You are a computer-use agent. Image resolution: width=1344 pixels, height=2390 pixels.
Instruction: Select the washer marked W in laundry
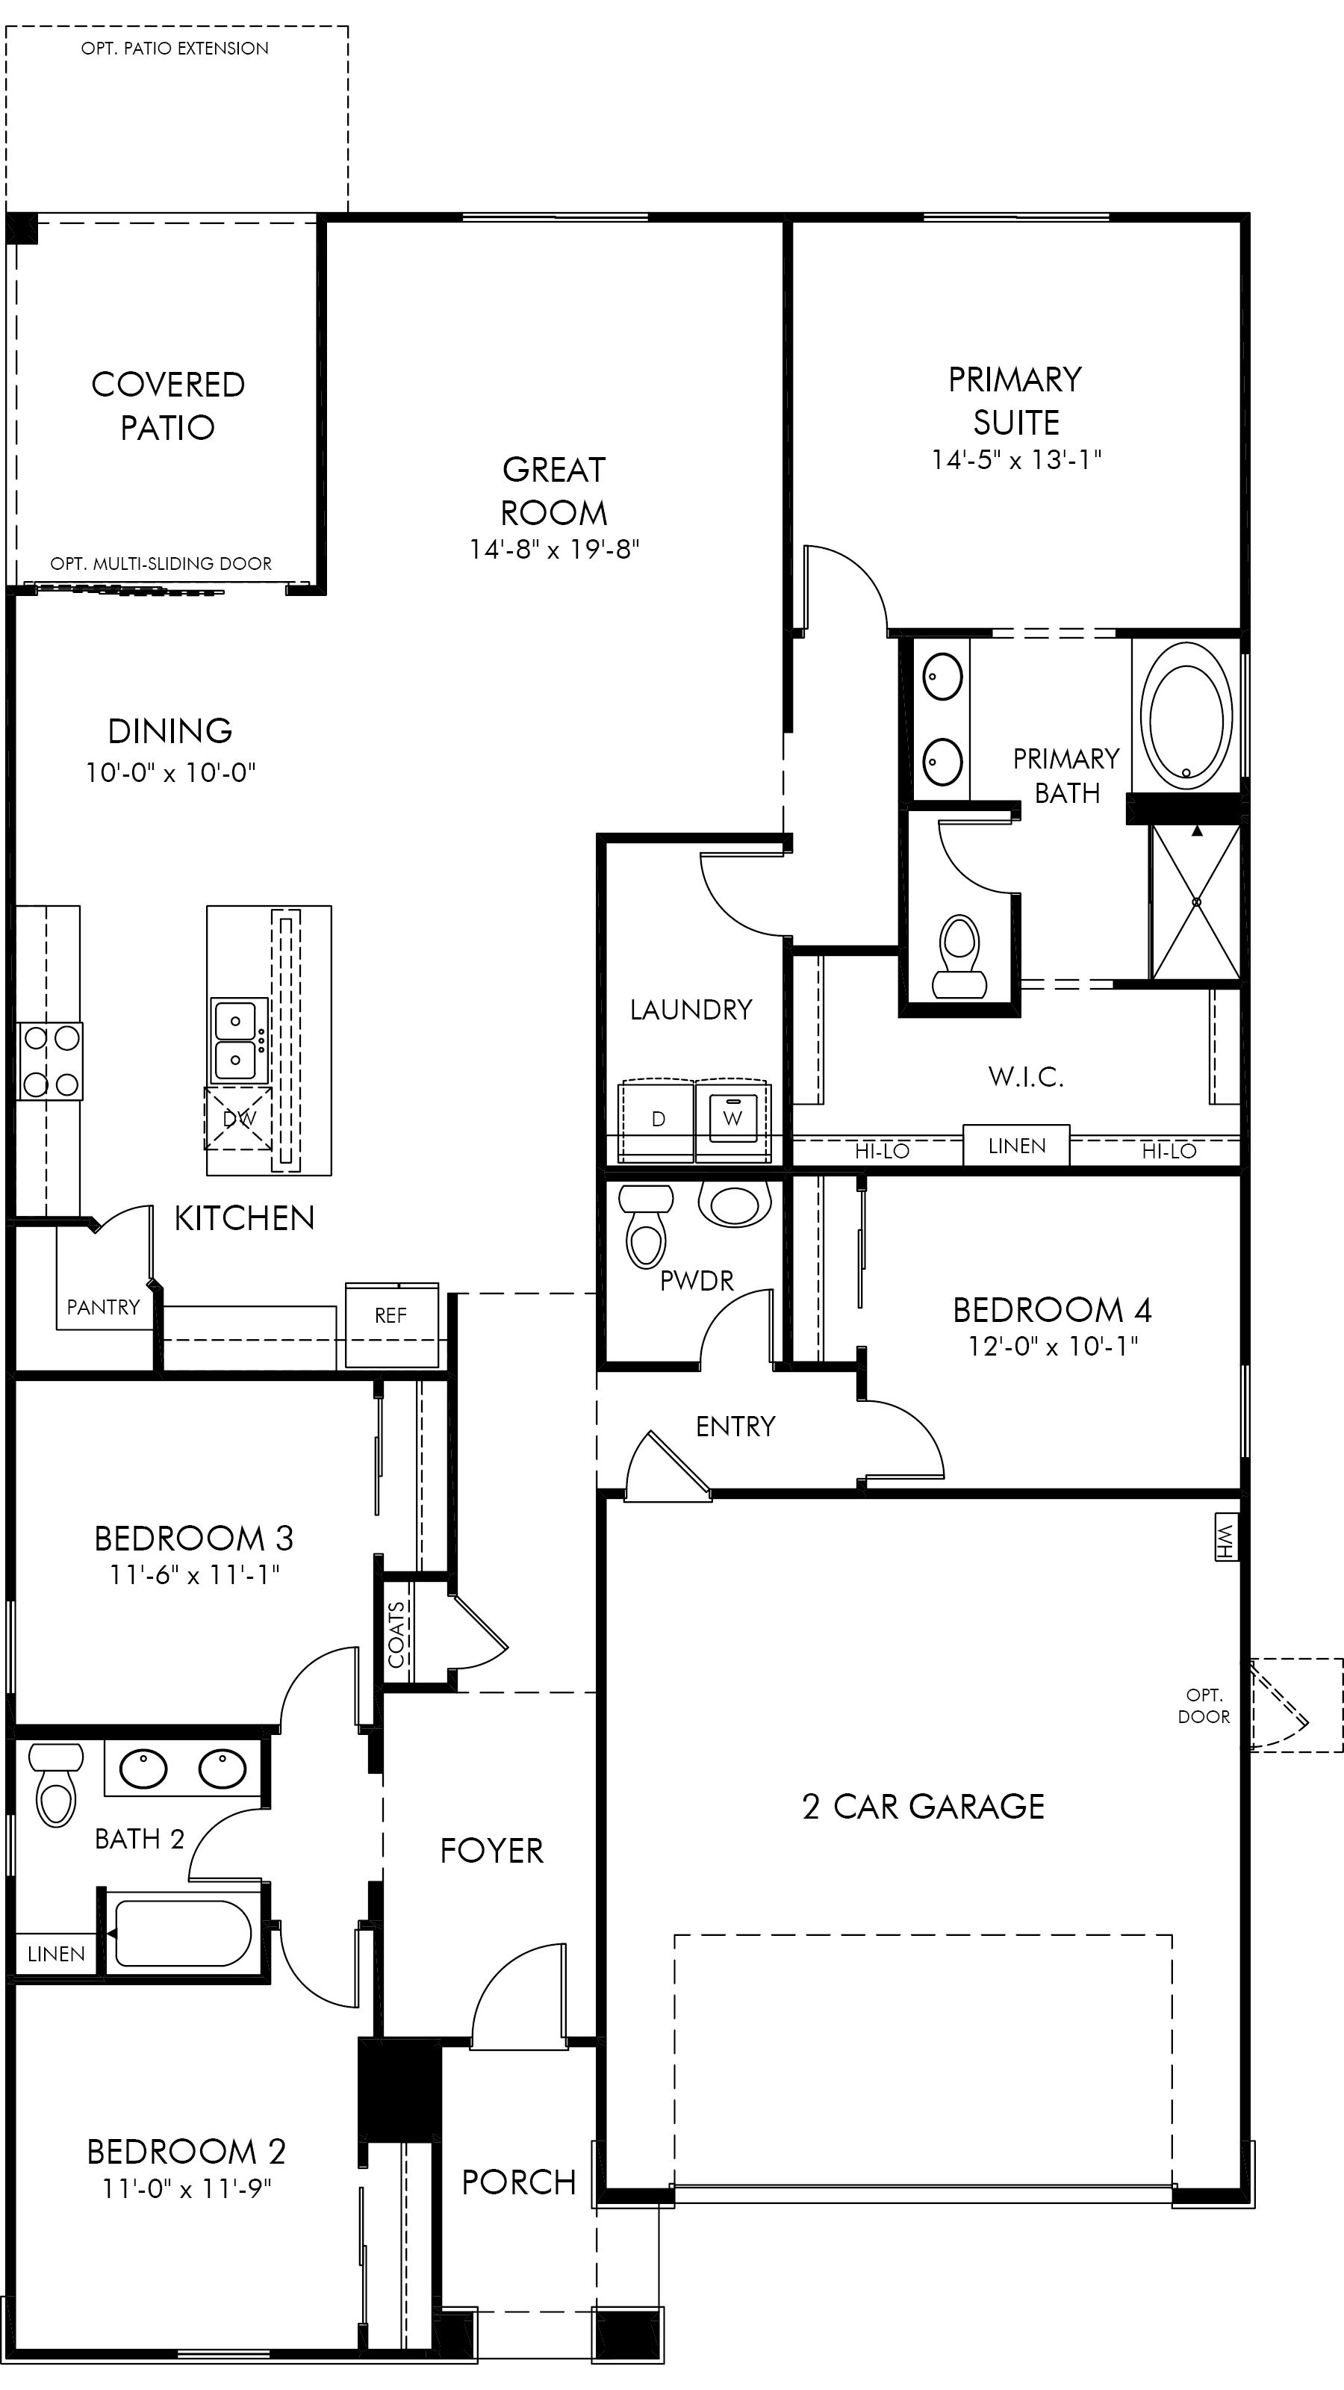[x=732, y=1118]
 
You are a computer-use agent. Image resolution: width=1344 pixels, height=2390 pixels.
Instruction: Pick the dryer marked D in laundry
[x=658, y=1119]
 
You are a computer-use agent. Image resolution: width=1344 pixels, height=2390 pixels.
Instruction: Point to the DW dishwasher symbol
[x=238, y=1118]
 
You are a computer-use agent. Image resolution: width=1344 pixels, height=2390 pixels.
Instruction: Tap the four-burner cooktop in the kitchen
[x=51, y=1061]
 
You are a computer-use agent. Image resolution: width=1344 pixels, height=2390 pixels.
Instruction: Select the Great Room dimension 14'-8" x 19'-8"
[x=554, y=549]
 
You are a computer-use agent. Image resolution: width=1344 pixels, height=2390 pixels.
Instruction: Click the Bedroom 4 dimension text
[x=1053, y=1346]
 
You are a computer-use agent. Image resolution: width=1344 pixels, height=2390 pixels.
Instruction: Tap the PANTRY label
[x=103, y=1307]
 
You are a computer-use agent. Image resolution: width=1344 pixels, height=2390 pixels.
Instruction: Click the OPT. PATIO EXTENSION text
[x=175, y=49]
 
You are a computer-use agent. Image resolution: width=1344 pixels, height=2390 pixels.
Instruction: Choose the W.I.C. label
[x=1026, y=1076]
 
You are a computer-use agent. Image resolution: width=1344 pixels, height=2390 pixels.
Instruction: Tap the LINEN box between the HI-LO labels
[x=1016, y=1146]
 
